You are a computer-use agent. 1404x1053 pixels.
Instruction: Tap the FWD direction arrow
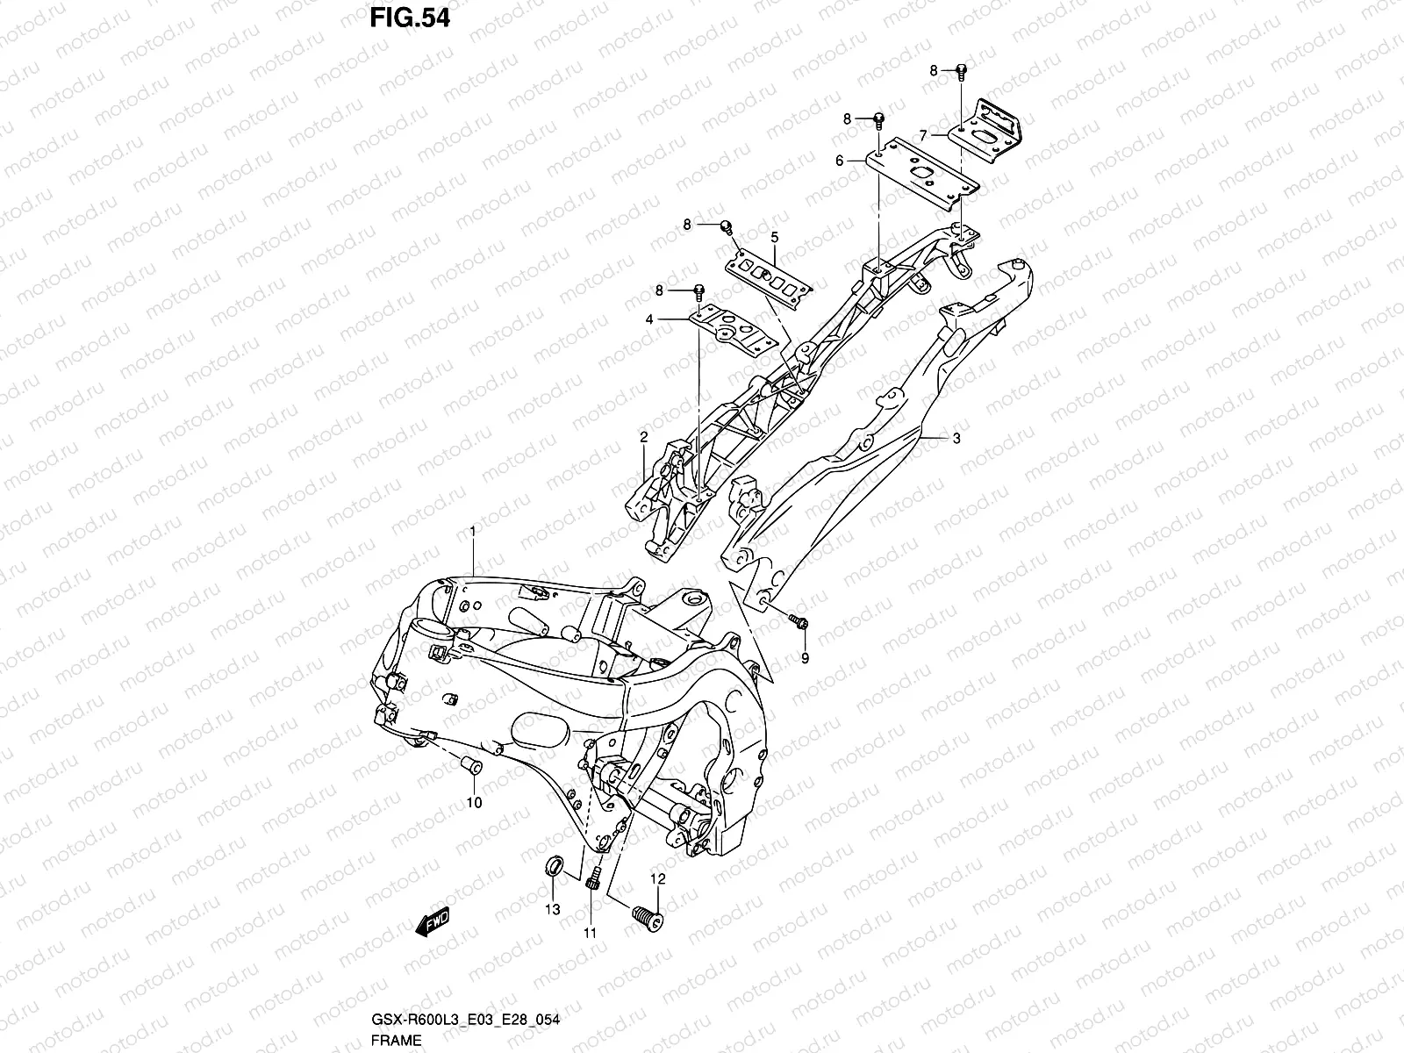point(433,922)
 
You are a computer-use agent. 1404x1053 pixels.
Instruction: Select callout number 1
point(472,533)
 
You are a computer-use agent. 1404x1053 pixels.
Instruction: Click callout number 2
point(643,436)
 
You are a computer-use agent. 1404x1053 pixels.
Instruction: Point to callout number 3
point(956,438)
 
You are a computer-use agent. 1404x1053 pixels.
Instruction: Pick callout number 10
point(474,802)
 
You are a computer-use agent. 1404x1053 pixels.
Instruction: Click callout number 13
point(552,910)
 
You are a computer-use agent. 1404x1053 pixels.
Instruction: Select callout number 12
point(657,878)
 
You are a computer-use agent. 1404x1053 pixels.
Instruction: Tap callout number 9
point(805,656)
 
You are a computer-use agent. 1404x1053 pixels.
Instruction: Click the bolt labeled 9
point(799,622)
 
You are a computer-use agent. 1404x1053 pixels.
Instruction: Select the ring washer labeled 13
point(555,868)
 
